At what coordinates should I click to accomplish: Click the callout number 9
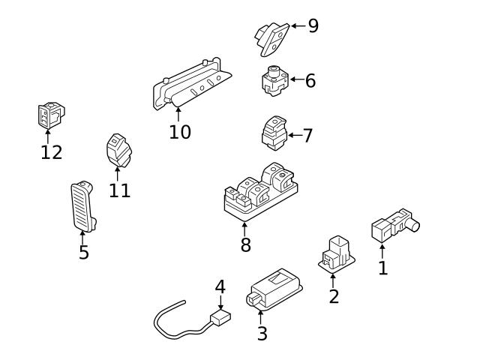pyautogui.click(x=313, y=26)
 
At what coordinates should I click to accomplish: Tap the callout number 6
pyautogui.click(x=310, y=80)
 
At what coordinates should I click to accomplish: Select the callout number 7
pyautogui.click(x=307, y=136)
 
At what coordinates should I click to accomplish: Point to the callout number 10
pyautogui.click(x=179, y=133)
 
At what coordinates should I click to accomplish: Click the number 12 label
pyautogui.click(x=51, y=152)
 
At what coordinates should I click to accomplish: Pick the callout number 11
pyautogui.click(x=119, y=190)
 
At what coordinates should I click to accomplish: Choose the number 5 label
pyautogui.click(x=84, y=253)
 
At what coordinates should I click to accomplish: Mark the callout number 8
pyautogui.click(x=245, y=244)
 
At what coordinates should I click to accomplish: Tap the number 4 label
pyautogui.click(x=220, y=286)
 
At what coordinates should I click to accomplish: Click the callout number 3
pyautogui.click(x=262, y=334)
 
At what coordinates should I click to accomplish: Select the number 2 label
pyautogui.click(x=334, y=296)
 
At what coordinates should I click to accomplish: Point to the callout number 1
pyautogui.click(x=382, y=268)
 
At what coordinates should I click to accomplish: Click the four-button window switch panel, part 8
pyautogui.click(x=257, y=193)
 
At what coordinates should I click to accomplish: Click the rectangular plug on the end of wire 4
pyautogui.click(x=220, y=318)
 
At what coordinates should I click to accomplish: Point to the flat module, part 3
pyautogui.click(x=274, y=289)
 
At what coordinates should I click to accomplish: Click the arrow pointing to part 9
pyautogui.click(x=295, y=26)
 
